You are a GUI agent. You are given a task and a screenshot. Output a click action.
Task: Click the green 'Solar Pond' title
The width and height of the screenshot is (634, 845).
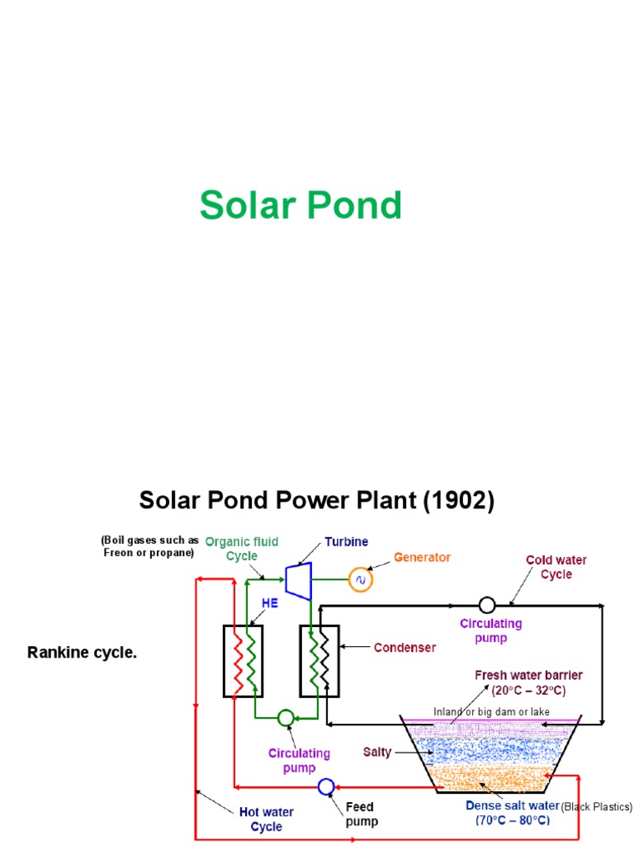pos(300,205)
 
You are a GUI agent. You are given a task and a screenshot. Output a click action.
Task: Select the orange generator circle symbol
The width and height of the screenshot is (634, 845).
pos(360,581)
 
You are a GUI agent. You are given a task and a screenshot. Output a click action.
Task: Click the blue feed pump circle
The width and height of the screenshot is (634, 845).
pos(325,785)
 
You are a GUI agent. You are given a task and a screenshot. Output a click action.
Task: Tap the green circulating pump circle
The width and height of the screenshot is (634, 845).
pos(285,717)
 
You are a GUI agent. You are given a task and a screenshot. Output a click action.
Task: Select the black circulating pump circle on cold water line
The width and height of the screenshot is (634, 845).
pos(487,604)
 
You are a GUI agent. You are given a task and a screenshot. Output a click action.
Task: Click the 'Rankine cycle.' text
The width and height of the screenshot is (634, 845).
pos(82,653)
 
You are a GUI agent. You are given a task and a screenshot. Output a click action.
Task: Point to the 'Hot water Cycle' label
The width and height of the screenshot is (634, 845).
pos(266,819)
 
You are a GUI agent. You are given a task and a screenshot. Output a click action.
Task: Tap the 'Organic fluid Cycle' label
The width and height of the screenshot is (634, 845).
pos(242,549)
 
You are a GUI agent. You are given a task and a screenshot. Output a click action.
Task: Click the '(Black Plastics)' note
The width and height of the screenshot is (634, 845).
pos(597,806)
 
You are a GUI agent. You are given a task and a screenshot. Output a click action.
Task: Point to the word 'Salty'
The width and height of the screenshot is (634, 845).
pos(376,752)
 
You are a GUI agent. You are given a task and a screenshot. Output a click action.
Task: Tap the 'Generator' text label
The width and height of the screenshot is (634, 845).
pos(422,557)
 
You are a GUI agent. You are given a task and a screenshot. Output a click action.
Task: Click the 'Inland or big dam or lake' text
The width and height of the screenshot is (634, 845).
pos(491,711)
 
